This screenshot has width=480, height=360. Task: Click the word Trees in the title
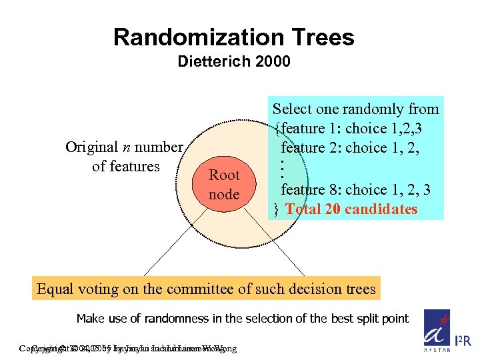[x=321, y=37]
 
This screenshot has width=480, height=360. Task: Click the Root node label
[x=224, y=185]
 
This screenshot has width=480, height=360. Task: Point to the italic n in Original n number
[x=124, y=147]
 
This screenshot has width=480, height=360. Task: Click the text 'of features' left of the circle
[x=126, y=166]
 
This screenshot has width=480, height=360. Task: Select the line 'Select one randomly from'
[x=355, y=109]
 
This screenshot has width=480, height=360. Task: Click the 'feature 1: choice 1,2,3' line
[x=357, y=127]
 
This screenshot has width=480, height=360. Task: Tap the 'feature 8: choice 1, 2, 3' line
[x=355, y=190]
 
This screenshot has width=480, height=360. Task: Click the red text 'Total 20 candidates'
[x=351, y=209]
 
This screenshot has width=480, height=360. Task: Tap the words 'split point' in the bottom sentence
[x=381, y=318]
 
